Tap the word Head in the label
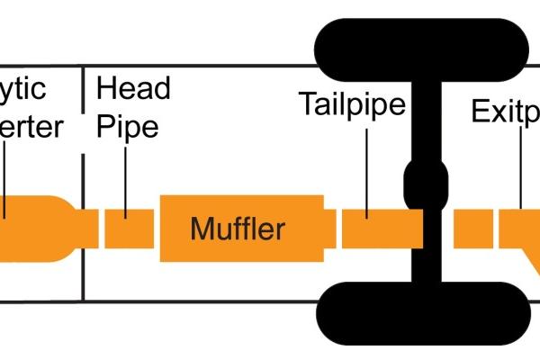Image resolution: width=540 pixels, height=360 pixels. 133,89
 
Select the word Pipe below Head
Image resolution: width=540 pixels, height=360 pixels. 127,126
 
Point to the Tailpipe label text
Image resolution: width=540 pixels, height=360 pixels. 352,107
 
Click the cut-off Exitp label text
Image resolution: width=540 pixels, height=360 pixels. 505,112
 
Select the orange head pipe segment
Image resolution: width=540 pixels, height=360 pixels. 129,229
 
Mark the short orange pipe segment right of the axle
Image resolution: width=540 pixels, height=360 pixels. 472,229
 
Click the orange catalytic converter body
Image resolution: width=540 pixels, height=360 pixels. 36,229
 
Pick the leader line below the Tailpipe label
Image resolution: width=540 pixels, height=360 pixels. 368,171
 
